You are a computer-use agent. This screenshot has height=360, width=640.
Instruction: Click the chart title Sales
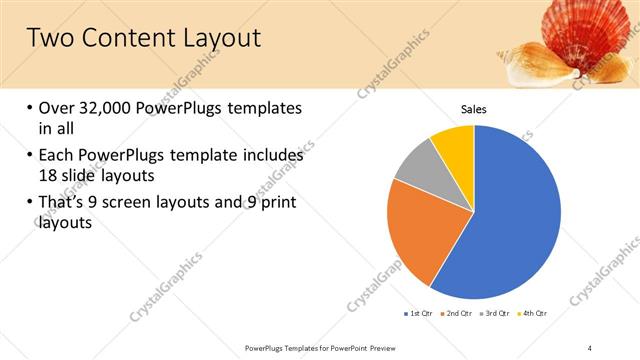pyautogui.click(x=474, y=109)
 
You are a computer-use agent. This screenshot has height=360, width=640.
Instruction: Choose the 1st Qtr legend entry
pyautogui.click(x=418, y=313)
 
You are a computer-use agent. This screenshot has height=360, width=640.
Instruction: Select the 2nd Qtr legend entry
pyautogui.click(x=459, y=313)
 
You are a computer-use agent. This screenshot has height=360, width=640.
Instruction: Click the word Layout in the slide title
pyautogui.click(x=215, y=38)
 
